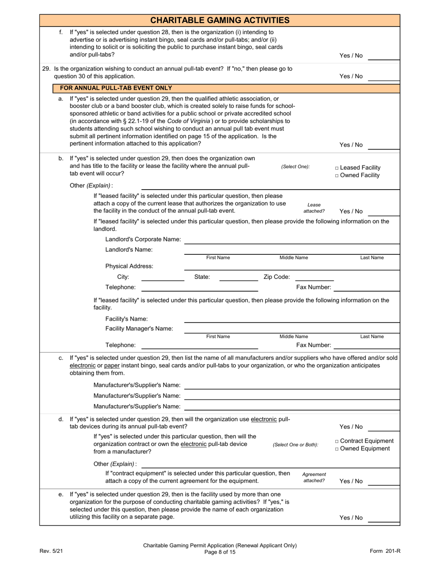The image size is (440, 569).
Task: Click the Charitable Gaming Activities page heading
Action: [220, 20]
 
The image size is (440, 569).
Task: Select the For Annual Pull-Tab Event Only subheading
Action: [113, 88]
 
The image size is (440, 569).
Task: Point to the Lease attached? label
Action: [314, 208]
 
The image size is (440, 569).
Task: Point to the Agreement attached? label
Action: [314, 477]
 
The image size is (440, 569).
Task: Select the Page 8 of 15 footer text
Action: [220, 552]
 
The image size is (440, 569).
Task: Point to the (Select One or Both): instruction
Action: [295, 445]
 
